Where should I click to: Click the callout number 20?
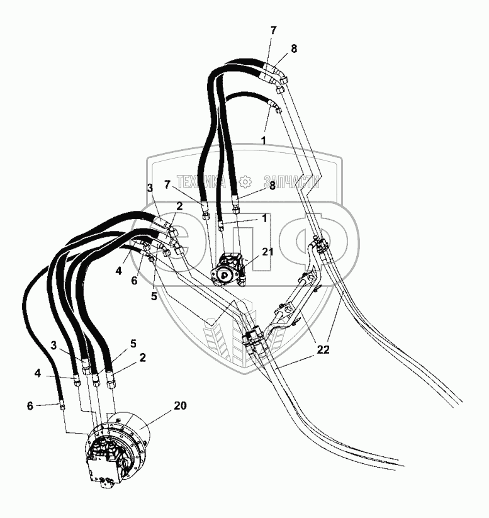point(180,405)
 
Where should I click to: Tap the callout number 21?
point(268,252)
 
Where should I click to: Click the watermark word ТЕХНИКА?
point(201,183)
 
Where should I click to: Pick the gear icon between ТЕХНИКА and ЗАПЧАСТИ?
point(245,183)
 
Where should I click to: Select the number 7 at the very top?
point(273,31)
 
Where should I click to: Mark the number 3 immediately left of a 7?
point(149,188)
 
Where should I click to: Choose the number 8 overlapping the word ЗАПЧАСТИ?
point(273,185)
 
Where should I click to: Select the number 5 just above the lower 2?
point(133,344)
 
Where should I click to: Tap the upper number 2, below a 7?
point(180,205)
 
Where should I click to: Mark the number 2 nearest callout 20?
point(143,357)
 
